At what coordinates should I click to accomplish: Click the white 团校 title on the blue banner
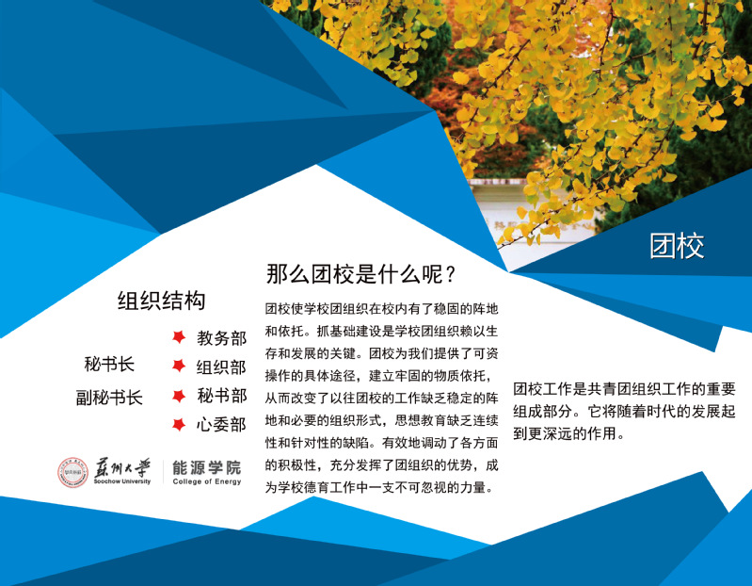tap(677, 246)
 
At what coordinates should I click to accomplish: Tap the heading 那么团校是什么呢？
tap(360, 274)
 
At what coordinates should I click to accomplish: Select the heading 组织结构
tap(161, 301)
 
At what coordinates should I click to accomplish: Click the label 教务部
tap(221, 338)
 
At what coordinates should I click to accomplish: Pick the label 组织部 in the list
tap(221, 367)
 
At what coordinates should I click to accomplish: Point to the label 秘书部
tap(221, 396)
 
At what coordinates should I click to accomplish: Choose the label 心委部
tap(221, 425)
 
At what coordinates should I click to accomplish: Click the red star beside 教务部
tap(179, 337)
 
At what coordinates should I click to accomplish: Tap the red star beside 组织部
tap(179, 366)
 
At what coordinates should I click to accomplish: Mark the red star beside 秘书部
tap(179, 396)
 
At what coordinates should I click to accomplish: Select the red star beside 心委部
tap(179, 425)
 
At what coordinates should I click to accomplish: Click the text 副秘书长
tap(109, 398)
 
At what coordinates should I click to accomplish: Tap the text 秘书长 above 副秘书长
tap(109, 365)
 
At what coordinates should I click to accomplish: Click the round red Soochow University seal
tap(72, 472)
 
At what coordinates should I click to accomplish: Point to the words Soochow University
tap(122, 481)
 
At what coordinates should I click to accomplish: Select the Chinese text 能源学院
tap(207, 467)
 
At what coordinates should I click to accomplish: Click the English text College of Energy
tap(207, 481)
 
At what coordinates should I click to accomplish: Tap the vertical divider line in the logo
tap(163, 472)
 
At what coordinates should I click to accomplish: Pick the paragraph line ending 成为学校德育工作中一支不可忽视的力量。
tap(379, 488)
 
